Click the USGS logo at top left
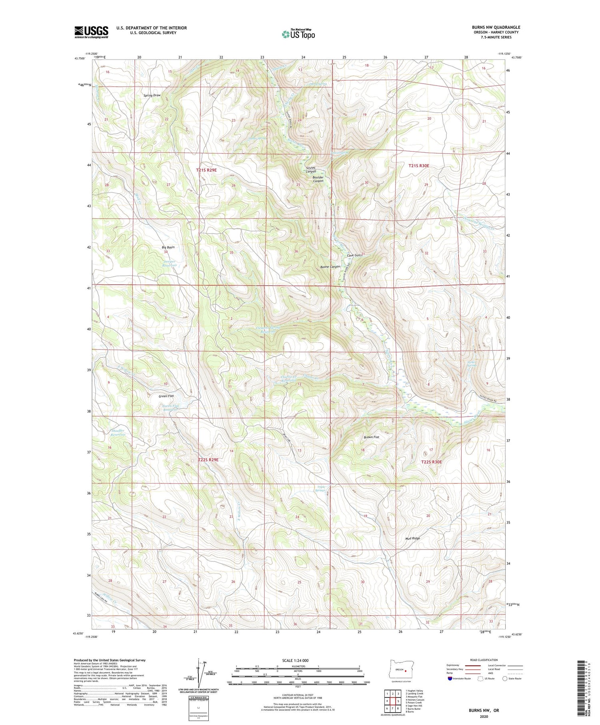click(91, 32)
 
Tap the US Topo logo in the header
click(298, 34)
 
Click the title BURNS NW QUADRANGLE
click(496, 27)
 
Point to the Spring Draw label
click(152, 96)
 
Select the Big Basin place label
click(168, 247)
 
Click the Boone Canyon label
click(330, 267)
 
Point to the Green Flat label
click(166, 396)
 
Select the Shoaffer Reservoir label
click(118, 432)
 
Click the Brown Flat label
click(371, 437)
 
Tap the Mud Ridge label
click(412, 539)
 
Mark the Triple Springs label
click(321, 488)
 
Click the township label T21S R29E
click(206, 170)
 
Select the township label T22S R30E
click(432, 462)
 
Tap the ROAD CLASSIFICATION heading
click(484, 660)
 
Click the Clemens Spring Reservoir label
click(268, 329)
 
